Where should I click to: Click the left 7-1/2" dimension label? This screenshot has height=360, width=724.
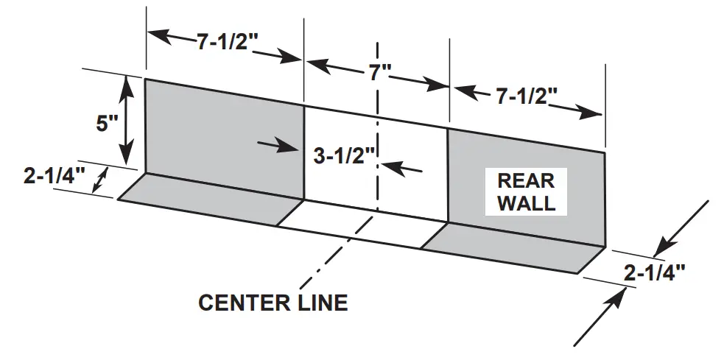pos(225,42)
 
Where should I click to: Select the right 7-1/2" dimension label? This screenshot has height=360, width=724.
pos(526,96)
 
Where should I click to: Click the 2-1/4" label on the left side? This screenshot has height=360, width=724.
pos(55,177)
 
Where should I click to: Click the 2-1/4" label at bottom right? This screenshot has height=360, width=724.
pos(655,273)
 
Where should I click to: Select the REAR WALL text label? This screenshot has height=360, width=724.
pos(526,191)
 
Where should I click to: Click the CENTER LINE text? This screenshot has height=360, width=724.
pos(273,302)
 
